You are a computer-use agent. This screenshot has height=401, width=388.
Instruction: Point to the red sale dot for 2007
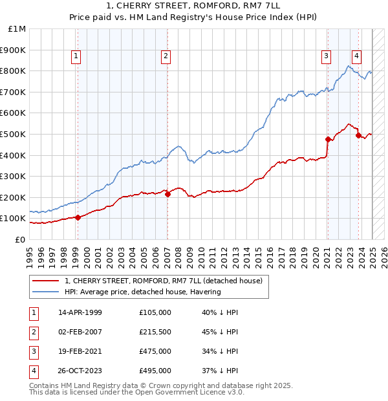click(x=167, y=193)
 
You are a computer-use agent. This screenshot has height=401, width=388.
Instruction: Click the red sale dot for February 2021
click(x=328, y=139)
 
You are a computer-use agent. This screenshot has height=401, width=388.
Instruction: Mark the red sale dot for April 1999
click(x=78, y=217)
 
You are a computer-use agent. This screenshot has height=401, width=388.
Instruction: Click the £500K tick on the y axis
click(x=13, y=134)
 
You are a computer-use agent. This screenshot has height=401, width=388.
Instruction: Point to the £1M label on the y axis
click(x=17, y=28)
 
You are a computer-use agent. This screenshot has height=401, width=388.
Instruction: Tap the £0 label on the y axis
click(x=20, y=239)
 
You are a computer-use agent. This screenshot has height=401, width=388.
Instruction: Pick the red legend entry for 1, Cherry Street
click(x=163, y=281)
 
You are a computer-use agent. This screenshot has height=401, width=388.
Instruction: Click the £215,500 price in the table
click(x=155, y=332)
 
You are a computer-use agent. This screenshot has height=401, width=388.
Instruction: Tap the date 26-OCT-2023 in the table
click(x=80, y=371)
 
